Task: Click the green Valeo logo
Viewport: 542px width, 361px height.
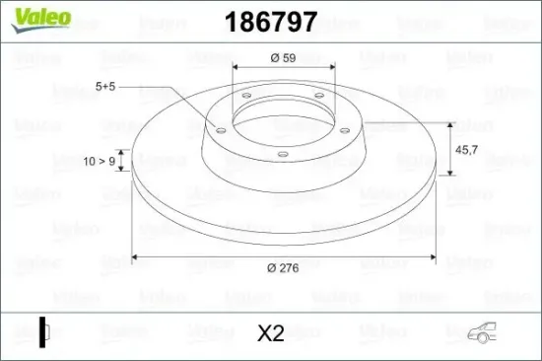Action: click(x=41, y=20)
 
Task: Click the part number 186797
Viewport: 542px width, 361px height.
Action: click(x=271, y=22)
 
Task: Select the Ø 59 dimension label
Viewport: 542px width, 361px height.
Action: click(x=283, y=58)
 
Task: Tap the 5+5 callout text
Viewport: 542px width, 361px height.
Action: click(x=105, y=87)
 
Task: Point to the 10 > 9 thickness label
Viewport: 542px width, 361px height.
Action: click(x=100, y=162)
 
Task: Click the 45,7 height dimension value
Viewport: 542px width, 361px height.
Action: click(x=467, y=150)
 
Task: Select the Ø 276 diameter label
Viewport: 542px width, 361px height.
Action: click(x=283, y=268)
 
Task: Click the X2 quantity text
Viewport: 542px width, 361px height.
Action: click(x=271, y=333)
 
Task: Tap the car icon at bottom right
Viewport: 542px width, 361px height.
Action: click(x=482, y=332)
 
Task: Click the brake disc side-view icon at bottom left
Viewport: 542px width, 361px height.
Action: click(x=44, y=332)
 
